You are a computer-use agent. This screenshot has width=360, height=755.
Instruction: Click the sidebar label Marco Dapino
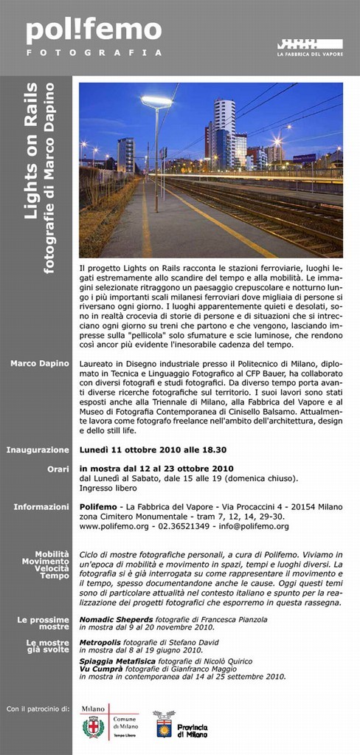(40, 363)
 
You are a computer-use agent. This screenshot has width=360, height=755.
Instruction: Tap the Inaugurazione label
(38, 449)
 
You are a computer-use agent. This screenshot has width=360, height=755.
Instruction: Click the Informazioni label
(41, 506)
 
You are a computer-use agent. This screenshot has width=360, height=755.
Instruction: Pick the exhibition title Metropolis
(103, 642)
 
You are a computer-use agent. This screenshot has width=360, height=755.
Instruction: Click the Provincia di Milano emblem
(163, 725)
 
